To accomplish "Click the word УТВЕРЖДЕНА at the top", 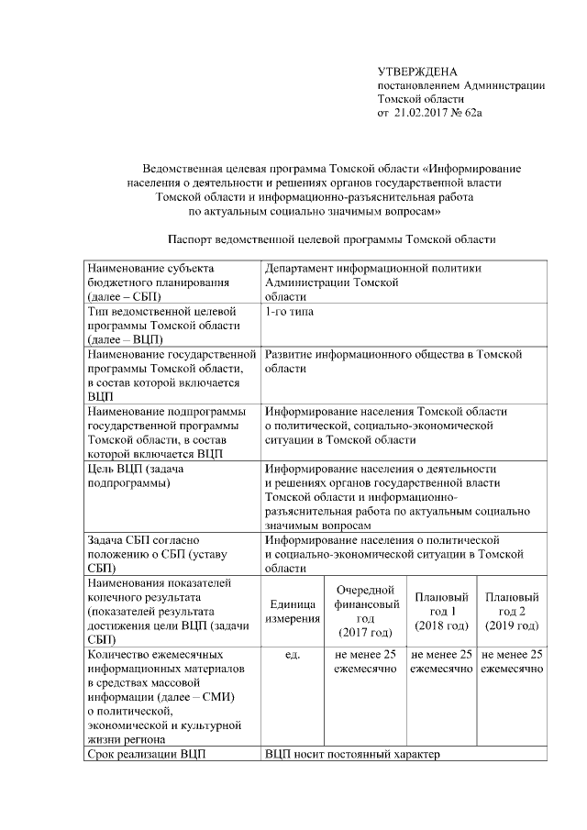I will point(417,72).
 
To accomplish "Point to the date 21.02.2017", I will point(424,113).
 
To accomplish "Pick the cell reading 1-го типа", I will point(288,312).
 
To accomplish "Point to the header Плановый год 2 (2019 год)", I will point(511,611).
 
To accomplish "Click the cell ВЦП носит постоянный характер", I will point(352,755).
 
